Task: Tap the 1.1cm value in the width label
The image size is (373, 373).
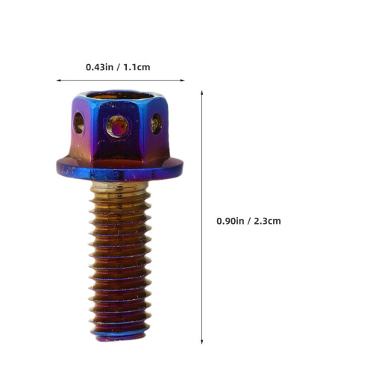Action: pos(137,67)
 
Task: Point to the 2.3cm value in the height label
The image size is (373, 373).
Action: pos(267,221)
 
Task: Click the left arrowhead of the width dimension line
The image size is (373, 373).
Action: pos(58,81)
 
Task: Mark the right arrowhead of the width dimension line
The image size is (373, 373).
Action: pos(182,81)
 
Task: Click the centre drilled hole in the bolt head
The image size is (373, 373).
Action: pos(117,126)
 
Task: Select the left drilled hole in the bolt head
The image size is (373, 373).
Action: pos(78,122)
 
